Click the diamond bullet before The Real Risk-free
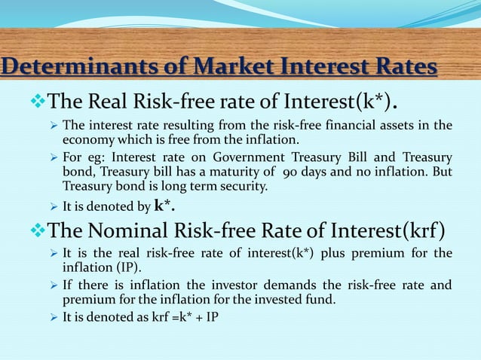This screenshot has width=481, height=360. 38,100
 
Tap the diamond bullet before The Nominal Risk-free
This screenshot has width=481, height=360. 38,229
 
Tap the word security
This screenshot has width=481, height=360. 239,186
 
